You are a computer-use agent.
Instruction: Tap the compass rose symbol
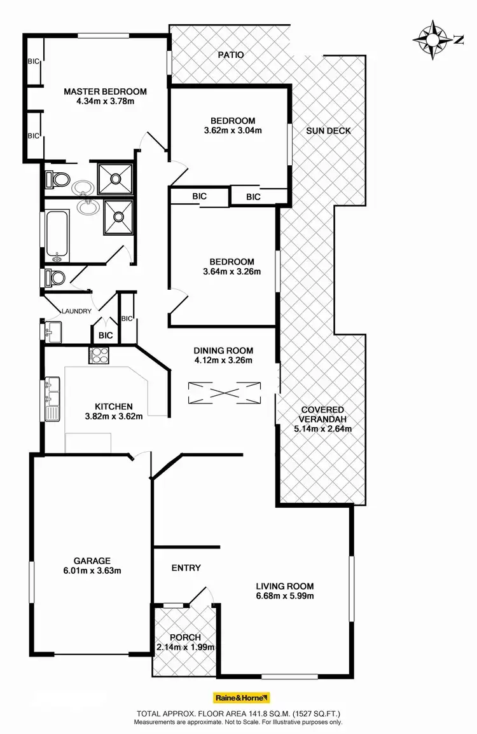[x=432, y=39]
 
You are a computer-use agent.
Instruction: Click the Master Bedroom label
[x=105, y=91]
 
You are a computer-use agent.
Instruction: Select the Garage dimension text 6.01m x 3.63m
[x=92, y=571]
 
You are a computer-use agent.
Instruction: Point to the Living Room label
[x=285, y=586]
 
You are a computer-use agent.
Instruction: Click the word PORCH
[x=186, y=637]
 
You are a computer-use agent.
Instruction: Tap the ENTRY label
[x=186, y=567]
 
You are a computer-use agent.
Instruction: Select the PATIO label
[x=231, y=55]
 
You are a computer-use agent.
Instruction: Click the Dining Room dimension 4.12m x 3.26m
[x=223, y=361]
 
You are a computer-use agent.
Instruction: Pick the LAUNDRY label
[x=76, y=311]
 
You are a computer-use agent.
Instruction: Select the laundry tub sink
[x=53, y=330]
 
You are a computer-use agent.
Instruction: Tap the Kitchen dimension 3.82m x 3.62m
[x=114, y=417]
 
